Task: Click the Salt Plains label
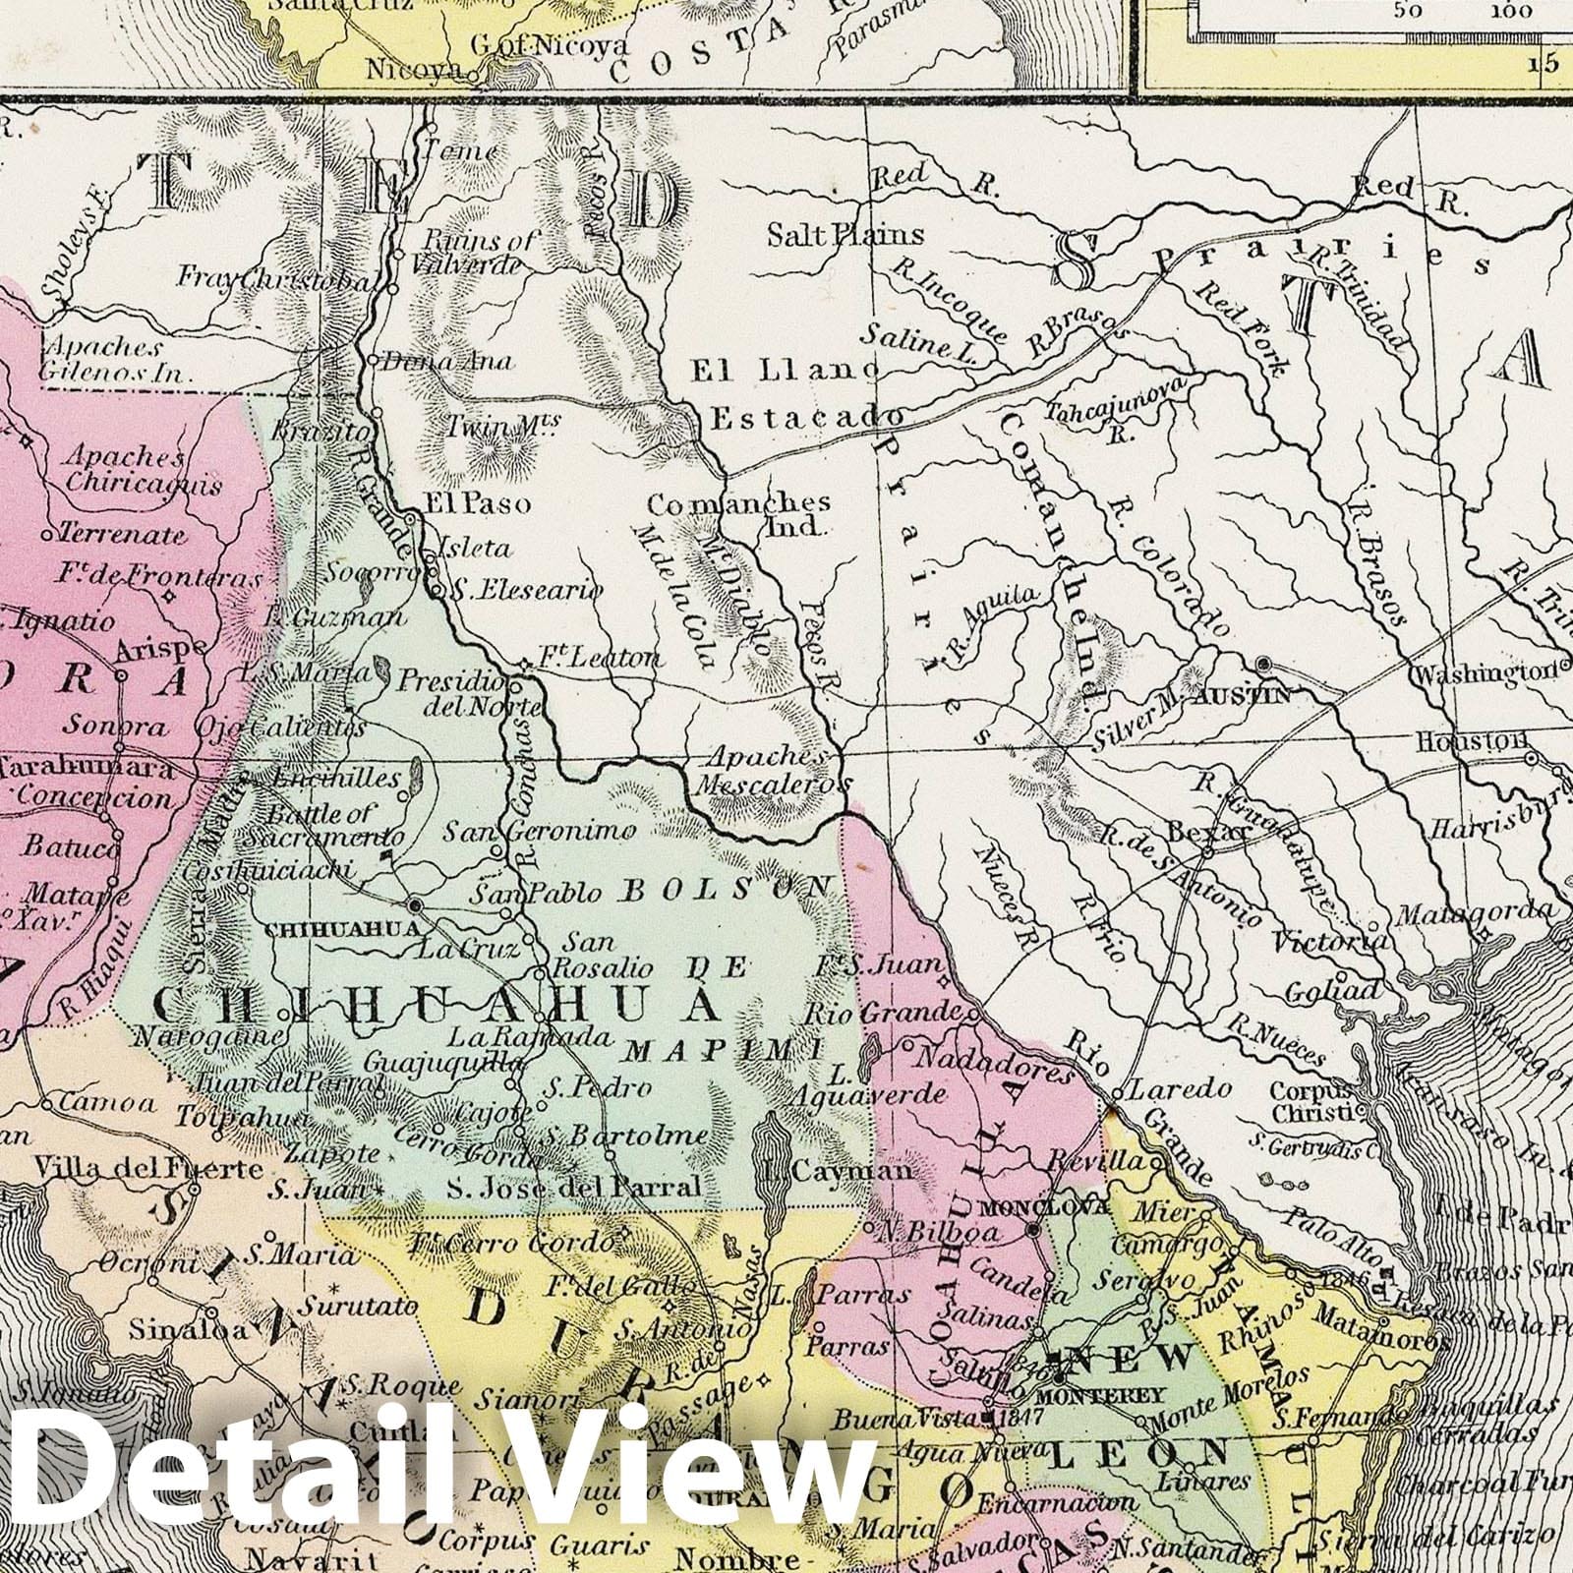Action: tap(846, 235)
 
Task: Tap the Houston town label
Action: tap(1491, 739)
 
